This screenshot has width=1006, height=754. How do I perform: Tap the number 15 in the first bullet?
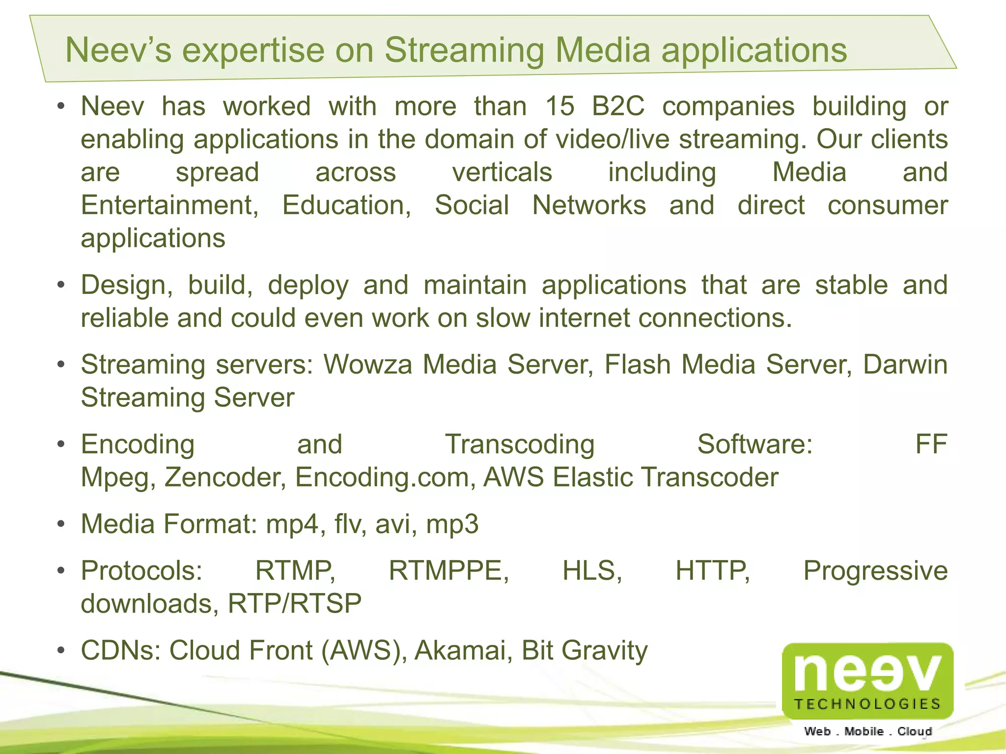(x=559, y=107)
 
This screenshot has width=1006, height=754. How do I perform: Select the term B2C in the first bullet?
(x=618, y=107)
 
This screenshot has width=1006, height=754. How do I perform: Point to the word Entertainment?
(x=169, y=205)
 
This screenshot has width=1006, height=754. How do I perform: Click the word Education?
(x=347, y=205)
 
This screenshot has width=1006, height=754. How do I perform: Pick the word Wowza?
(x=367, y=365)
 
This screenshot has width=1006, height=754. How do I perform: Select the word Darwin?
(x=905, y=365)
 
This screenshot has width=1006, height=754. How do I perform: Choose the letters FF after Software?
(x=931, y=444)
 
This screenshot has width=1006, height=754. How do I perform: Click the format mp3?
(x=452, y=524)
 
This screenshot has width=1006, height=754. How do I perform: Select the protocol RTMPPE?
(x=448, y=571)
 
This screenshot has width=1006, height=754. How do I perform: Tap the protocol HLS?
(x=592, y=571)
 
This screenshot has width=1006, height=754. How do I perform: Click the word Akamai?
(x=460, y=650)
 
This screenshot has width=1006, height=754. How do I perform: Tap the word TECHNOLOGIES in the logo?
(x=867, y=704)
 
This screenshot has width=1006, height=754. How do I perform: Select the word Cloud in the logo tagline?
(x=915, y=731)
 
